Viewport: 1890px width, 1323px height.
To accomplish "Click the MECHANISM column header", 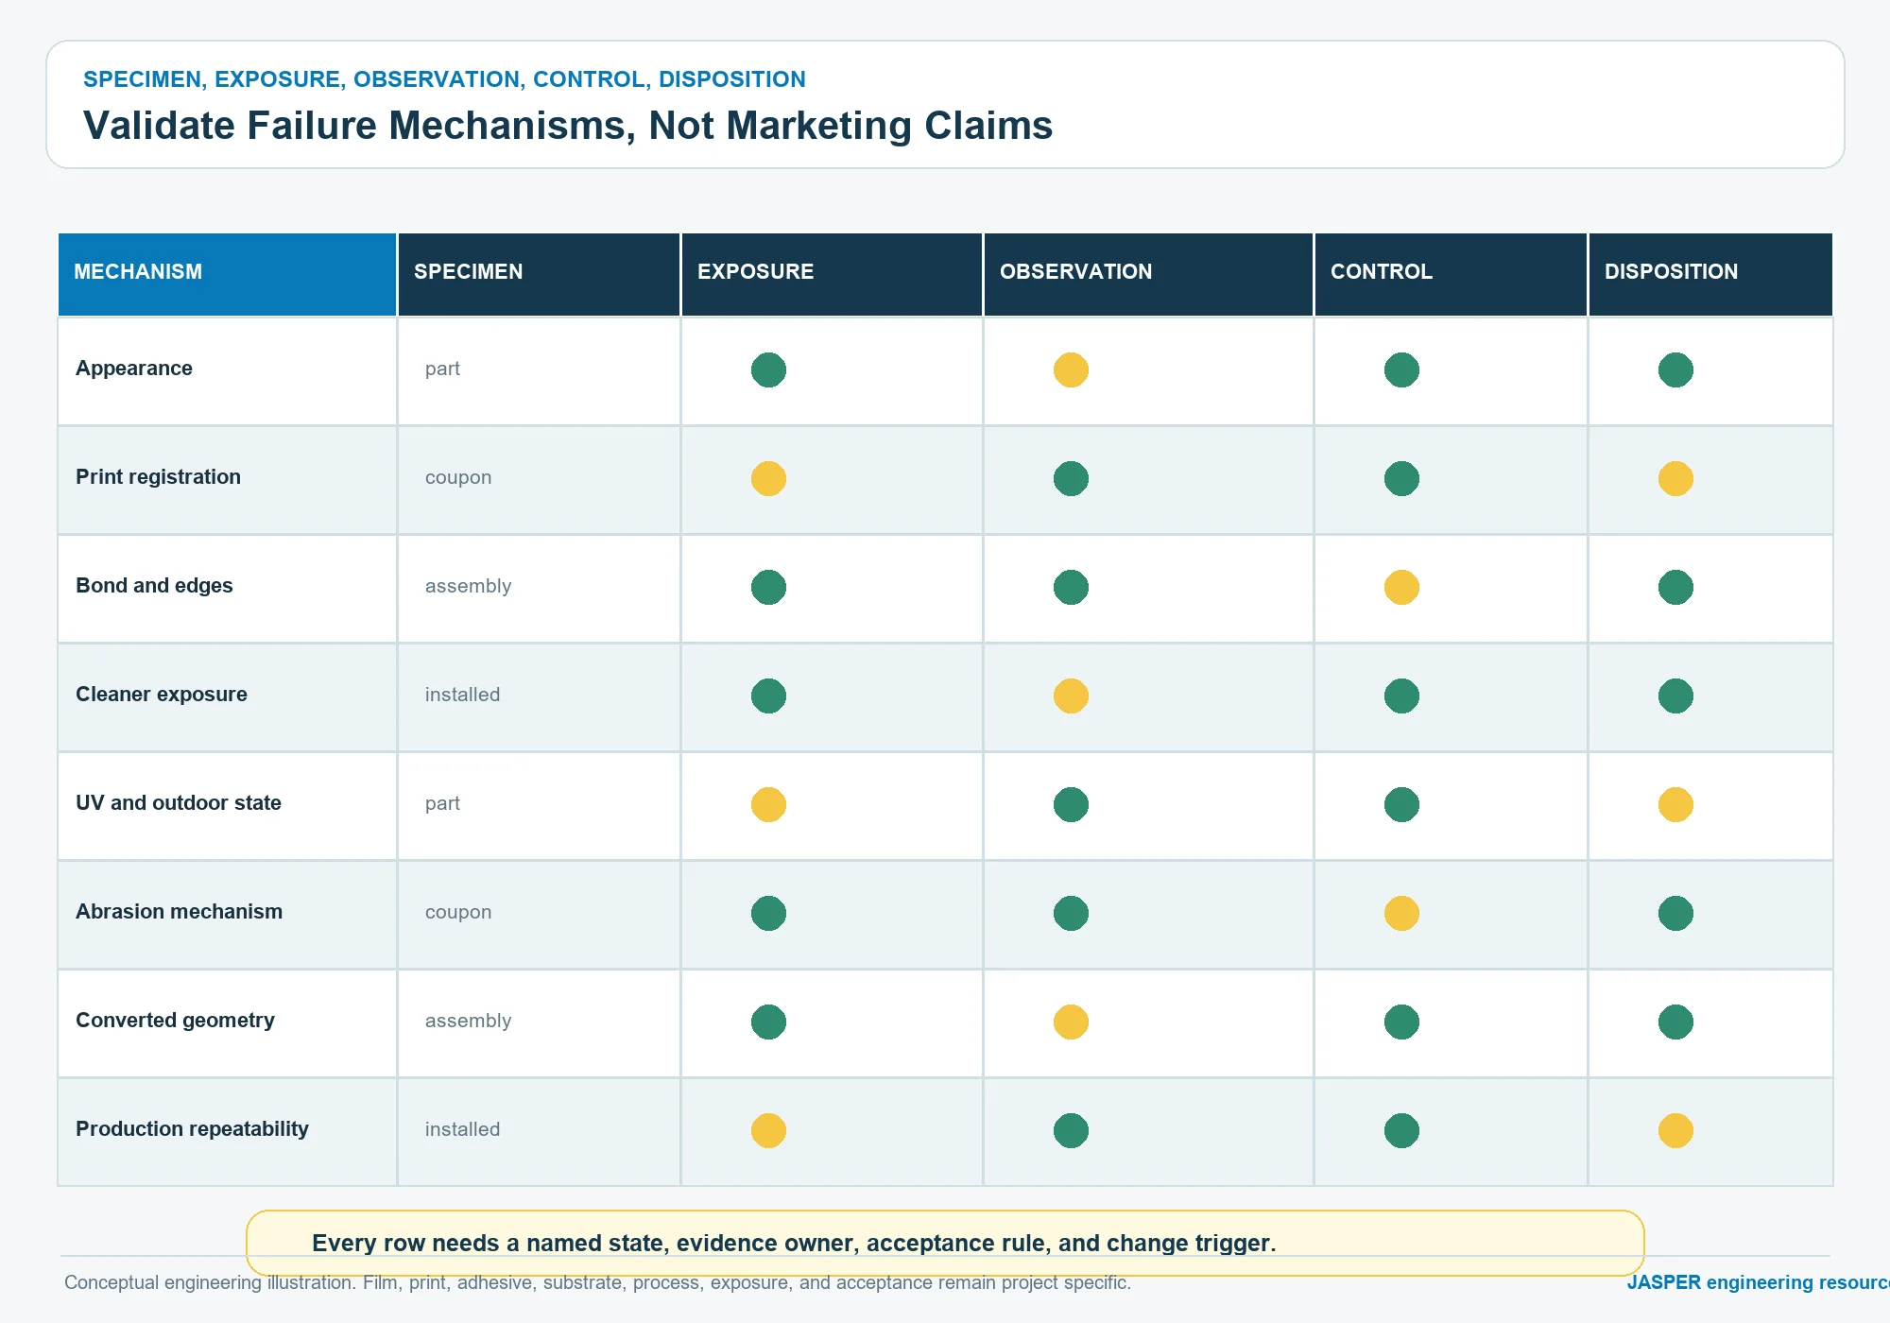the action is pyautogui.click(x=138, y=272).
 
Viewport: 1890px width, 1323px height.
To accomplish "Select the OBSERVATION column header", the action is pyautogui.click(x=1075, y=272).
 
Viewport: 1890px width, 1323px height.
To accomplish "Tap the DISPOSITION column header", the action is pyautogui.click(x=1671, y=272).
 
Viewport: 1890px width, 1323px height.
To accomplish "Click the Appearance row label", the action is pyautogui.click(x=134, y=369).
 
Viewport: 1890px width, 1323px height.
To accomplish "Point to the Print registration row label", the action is pyautogui.click(x=158, y=477).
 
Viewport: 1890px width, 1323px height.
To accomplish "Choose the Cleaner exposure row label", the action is pyautogui.click(x=162, y=695).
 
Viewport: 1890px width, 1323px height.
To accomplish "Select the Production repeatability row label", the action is pyautogui.click(x=192, y=1129).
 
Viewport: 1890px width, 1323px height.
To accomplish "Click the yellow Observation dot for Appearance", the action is pyautogui.click(x=1071, y=369).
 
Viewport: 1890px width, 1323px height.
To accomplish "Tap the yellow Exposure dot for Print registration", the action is pyautogui.click(x=768, y=478).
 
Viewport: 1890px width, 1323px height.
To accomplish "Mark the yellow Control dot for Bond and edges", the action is pyautogui.click(x=1401, y=587).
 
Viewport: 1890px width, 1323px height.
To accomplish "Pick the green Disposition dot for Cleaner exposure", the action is pyautogui.click(x=1675, y=696).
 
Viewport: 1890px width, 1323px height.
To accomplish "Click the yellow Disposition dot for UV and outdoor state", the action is pyautogui.click(x=1675, y=804).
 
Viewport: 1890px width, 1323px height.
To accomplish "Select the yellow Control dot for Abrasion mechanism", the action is pyautogui.click(x=1401, y=913).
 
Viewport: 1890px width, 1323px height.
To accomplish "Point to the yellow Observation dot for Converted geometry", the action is pyautogui.click(x=1071, y=1022).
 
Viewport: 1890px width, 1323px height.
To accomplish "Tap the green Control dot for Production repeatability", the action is pyautogui.click(x=1401, y=1130).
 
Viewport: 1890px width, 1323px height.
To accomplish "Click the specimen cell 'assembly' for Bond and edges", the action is pyautogui.click(x=468, y=587).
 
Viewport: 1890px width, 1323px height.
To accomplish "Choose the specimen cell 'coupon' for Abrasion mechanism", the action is pyautogui.click(x=458, y=913).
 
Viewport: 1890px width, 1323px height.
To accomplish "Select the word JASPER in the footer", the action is pyautogui.click(x=1663, y=1282).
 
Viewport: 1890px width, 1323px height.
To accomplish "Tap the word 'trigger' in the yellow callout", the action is pyautogui.click(x=1235, y=1244).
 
